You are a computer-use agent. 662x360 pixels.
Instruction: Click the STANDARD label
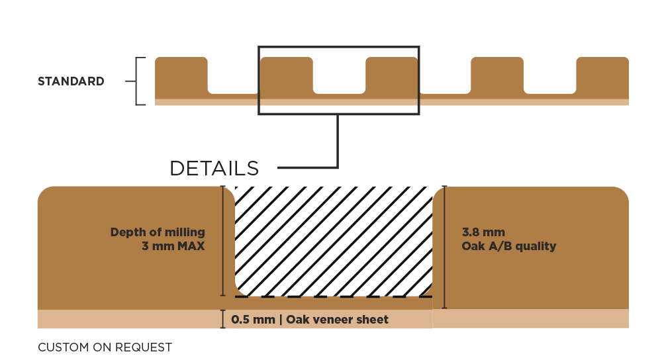point(71,81)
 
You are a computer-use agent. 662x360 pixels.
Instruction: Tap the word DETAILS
point(214,168)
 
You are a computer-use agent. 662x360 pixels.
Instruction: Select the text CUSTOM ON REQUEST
point(105,347)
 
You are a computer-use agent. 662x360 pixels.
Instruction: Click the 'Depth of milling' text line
point(158,232)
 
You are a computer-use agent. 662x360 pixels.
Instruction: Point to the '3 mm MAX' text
point(173,246)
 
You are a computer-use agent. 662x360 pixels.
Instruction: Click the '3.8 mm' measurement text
point(483,232)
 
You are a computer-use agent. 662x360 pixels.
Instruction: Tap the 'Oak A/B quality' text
point(508,246)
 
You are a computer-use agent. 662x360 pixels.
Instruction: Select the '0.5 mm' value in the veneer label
point(254,320)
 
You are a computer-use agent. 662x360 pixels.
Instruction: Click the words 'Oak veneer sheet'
point(338,320)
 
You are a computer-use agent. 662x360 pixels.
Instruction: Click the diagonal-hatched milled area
point(334,241)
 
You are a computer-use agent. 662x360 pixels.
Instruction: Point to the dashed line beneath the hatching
point(334,296)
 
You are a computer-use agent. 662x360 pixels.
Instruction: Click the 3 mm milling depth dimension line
point(223,241)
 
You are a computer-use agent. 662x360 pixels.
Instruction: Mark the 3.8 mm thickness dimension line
point(444,247)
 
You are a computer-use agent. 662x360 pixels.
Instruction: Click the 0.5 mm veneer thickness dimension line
point(223,319)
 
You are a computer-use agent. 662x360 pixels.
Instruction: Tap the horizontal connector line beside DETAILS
point(307,167)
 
